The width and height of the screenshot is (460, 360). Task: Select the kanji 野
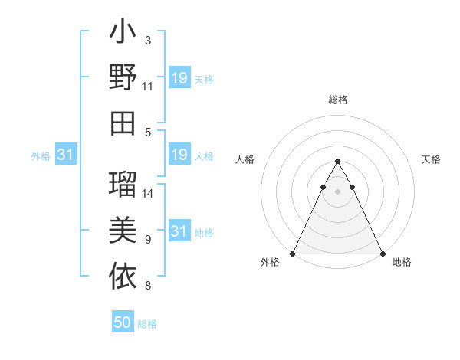[x=123, y=78]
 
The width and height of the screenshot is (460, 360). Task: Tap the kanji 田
[x=123, y=123]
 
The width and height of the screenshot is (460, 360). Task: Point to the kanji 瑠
[x=123, y=185]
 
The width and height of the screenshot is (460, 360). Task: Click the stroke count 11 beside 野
[x=148, y=87]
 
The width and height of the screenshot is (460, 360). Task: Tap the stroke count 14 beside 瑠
[x=149, y=194]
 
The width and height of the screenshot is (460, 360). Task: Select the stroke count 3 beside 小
[x=148, y=41]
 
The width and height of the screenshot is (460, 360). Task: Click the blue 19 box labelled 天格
[x=179, y=78]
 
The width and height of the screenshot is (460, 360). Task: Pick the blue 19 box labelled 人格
[x=179, y=155]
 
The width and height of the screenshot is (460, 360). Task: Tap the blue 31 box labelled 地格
[x=179, y=231]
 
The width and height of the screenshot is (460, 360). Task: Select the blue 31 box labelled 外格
[x=66, y=155]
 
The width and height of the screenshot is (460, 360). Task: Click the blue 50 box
[x=123, y=322]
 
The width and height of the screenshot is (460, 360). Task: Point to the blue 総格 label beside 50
[x=147, y=324]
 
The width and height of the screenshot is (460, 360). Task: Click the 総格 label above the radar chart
[x=338, y=100]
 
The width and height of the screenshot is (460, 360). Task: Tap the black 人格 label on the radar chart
[x=246, y=159]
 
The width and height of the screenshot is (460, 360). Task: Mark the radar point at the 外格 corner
[x=293, y=254]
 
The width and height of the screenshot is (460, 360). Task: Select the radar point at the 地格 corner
[x=383, y=254]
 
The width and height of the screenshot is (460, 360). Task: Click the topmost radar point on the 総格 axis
[x=338, y=162]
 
